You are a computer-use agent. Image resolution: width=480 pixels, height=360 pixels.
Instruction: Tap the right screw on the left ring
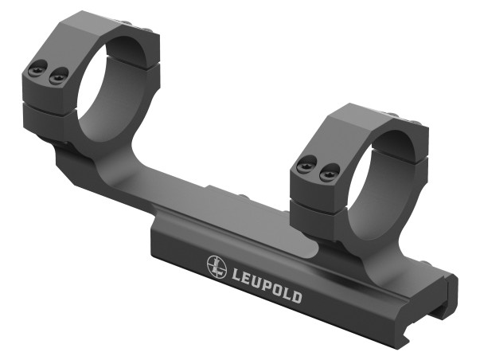coord(56,77)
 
